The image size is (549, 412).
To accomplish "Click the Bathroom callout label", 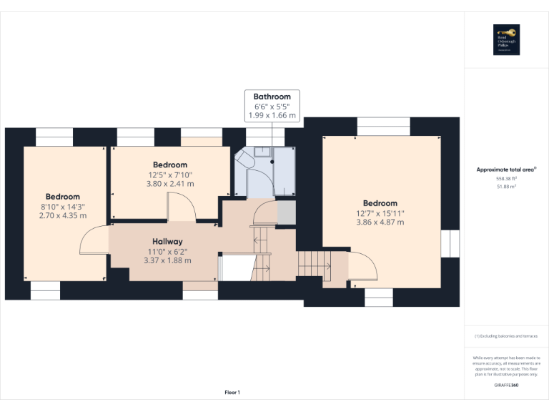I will (272, 97).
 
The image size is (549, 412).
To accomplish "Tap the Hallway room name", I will (167, 242).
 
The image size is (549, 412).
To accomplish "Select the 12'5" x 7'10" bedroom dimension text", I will (170, 175).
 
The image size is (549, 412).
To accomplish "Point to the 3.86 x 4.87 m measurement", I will (380, 222).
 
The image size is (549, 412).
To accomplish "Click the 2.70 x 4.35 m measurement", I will (63, 215).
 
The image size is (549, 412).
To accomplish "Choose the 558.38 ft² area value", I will (506, 179).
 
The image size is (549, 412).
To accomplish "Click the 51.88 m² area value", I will (506, 186).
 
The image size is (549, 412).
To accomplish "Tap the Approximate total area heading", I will (506, 170).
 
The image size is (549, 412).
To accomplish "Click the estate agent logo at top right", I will (506, 40).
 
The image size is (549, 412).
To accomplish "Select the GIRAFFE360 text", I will (506, 386).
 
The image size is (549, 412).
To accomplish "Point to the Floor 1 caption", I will (232, 393).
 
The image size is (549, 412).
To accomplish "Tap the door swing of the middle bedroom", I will (182, 208).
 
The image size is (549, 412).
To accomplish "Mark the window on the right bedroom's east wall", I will (450, 243).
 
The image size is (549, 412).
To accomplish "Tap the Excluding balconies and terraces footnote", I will (506, 335).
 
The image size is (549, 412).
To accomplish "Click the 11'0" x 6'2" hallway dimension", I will (167, 251).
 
